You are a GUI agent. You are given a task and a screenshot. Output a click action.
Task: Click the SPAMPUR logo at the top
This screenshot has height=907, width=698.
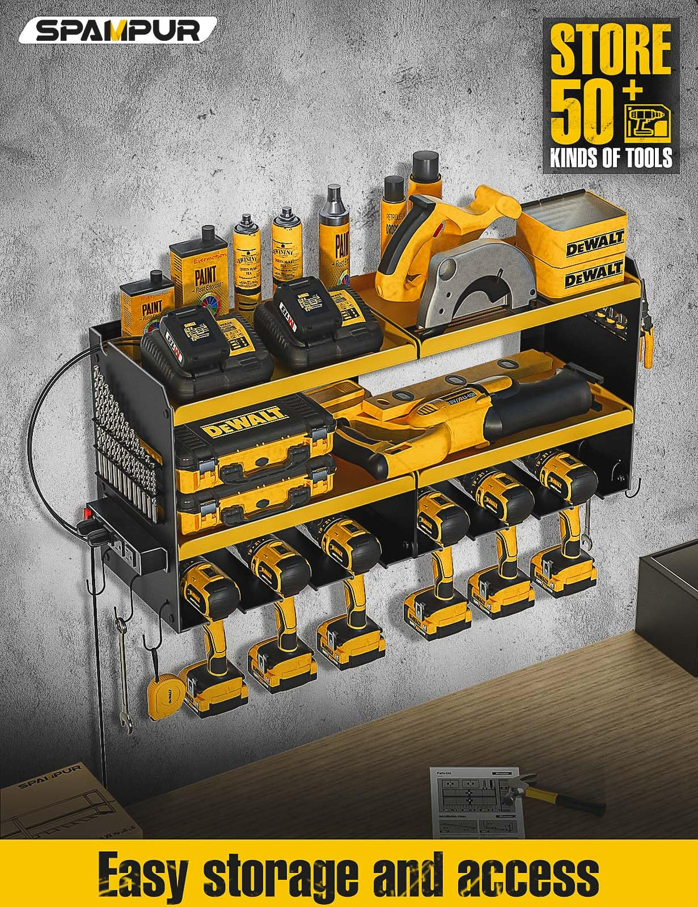[x=118, y=31]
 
